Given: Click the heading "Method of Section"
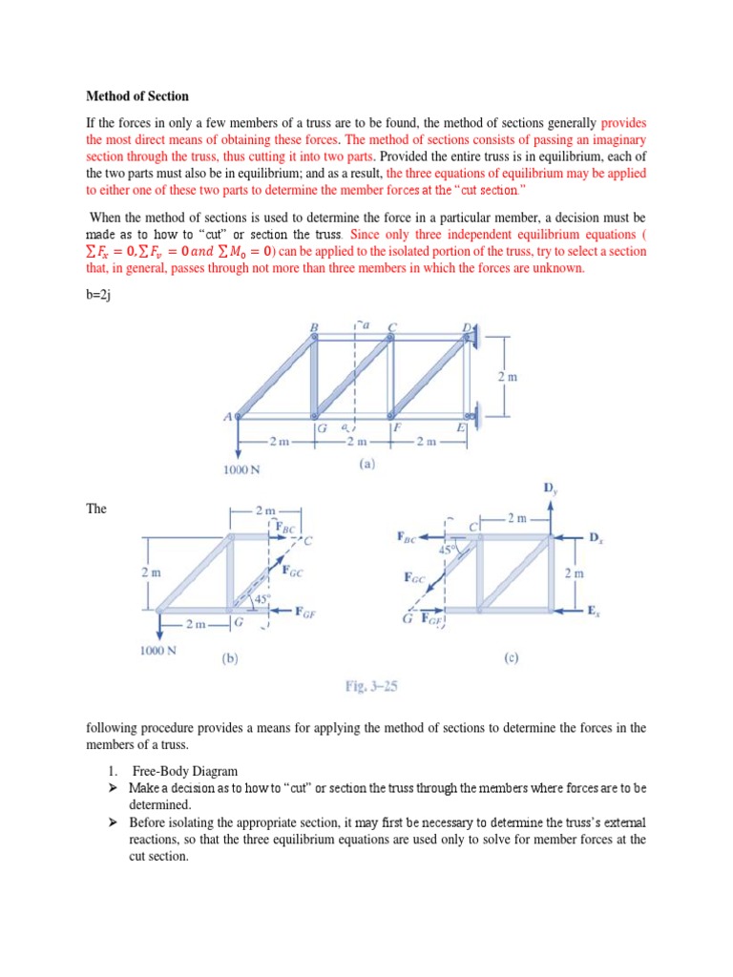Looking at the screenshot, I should (x=137, y=96).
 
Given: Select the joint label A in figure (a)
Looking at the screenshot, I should (x=227, y=416).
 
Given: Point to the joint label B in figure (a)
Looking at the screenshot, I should (x=314, y=327).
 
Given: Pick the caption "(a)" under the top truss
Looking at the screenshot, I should (x=366, y=465).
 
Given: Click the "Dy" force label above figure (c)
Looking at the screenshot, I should (x=551, y=488).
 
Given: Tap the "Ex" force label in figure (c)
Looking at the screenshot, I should (x=596, y=609).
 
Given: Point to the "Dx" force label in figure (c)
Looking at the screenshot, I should (x=596, y=539).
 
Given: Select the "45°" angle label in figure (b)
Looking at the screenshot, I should (x=252, y=599).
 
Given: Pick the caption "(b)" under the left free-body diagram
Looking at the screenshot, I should (x=230, y=657).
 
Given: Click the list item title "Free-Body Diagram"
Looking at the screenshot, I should (x=178, y=770).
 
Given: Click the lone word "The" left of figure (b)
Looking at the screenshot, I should (x=96, y=509).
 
